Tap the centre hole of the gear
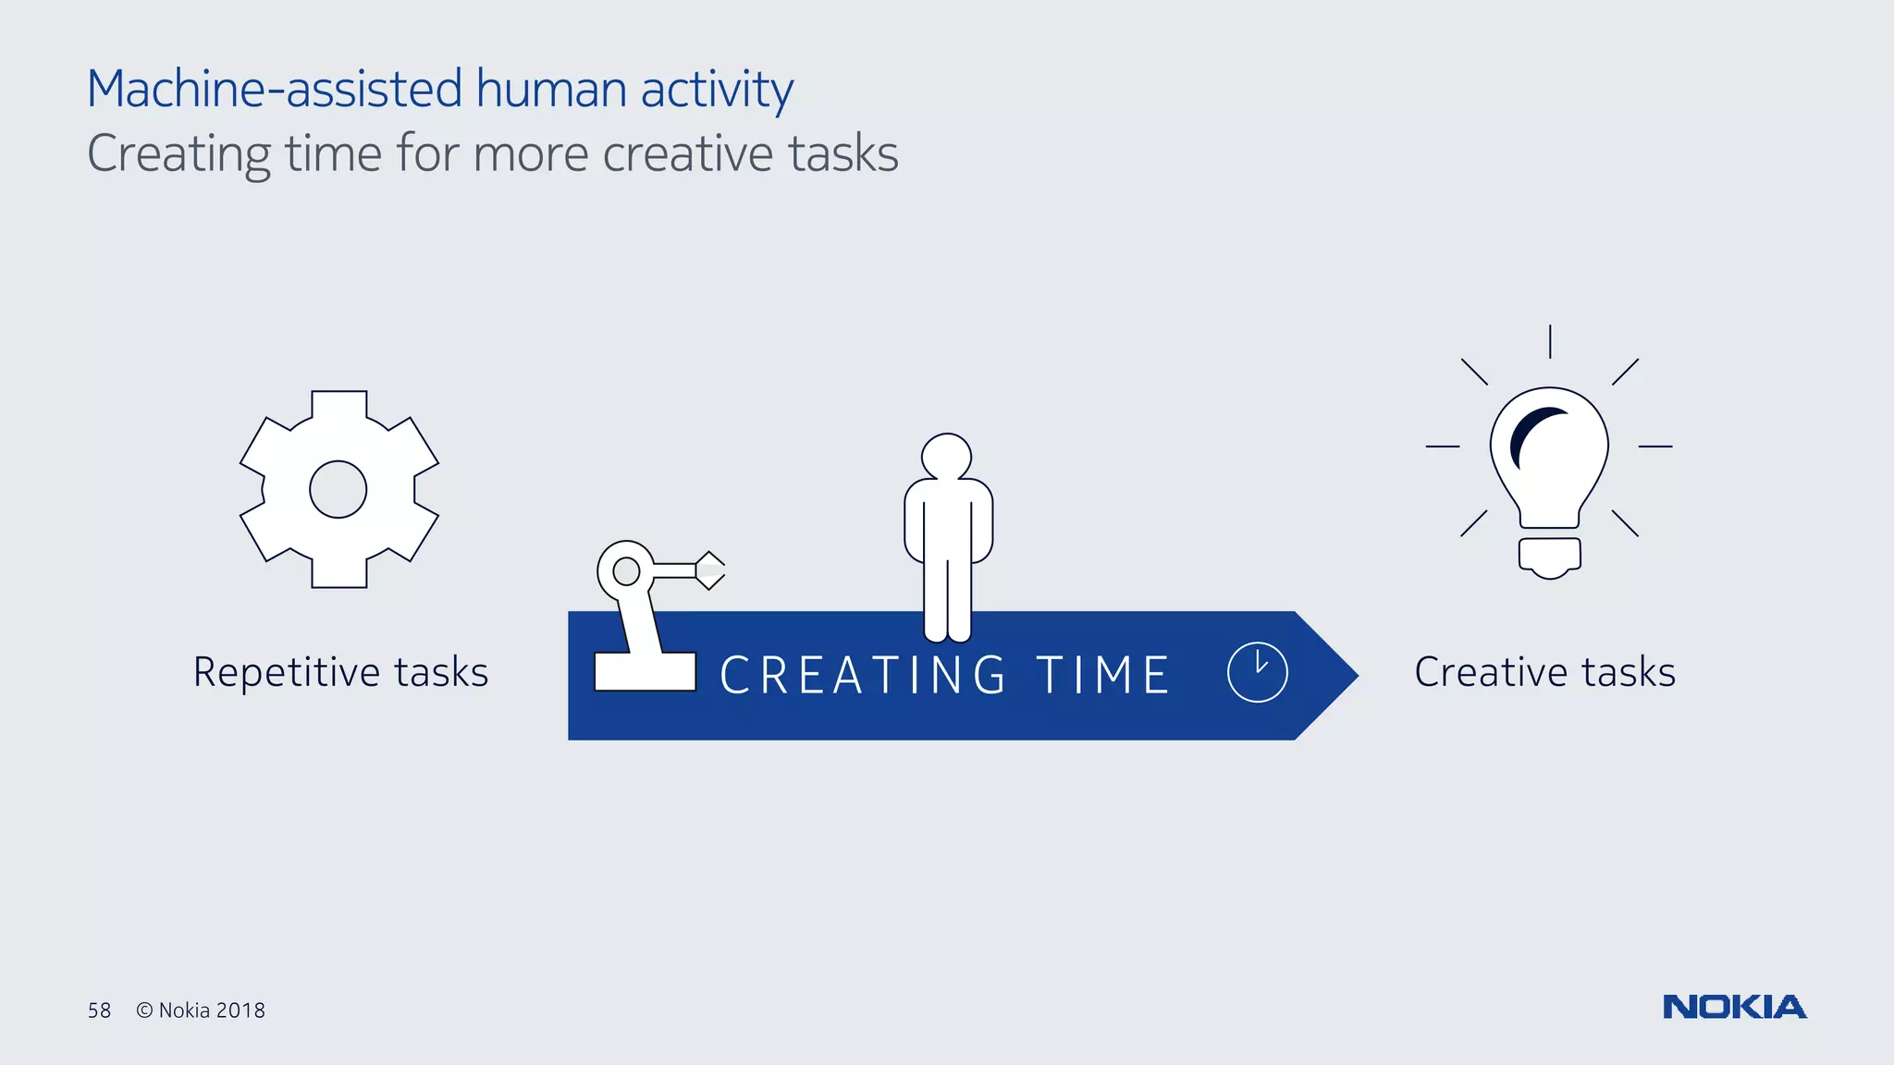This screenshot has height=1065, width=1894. [x=338, y=489]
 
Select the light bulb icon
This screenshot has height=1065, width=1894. [x=1549, y=462]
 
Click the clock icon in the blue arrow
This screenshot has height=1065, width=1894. [x=1257, y=672]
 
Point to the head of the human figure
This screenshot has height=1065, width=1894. [x=946, y=457]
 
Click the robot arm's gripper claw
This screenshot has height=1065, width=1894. [x=710, y=570]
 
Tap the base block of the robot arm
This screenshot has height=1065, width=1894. [x=645, y=671]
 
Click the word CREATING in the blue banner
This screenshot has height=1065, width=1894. [x=863, y=675]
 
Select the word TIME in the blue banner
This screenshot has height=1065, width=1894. [x=1103, y=675]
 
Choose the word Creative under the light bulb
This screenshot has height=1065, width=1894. [x=1492, y=672]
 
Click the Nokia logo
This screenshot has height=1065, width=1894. [x=1734, y=1007]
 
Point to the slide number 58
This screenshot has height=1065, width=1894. [x=99, y=1010]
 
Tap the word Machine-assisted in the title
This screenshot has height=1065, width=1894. [x=274, y=90]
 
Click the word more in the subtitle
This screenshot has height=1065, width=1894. [x=530, y=153]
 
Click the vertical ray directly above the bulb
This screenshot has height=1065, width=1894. [x=1550, y=341]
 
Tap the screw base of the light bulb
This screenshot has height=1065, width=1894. [x=1550, y=557]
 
